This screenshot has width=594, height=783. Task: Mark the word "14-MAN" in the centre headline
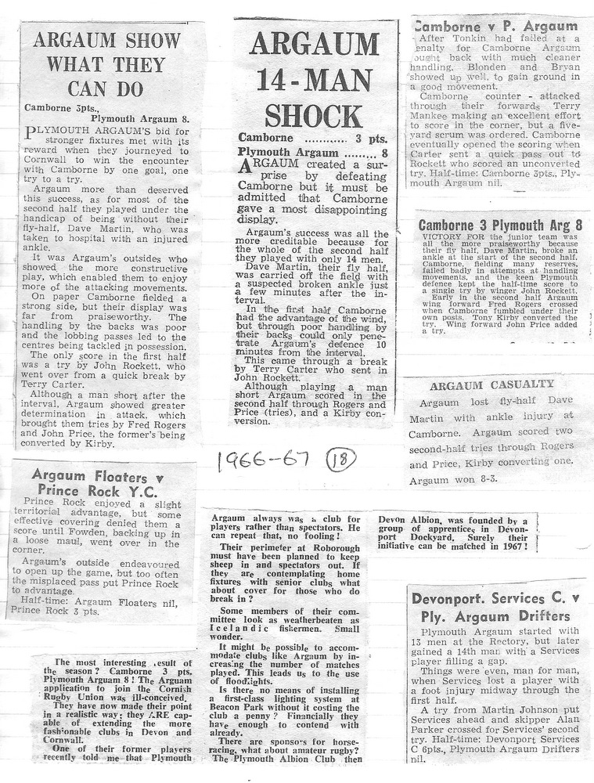tap(314, 79)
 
